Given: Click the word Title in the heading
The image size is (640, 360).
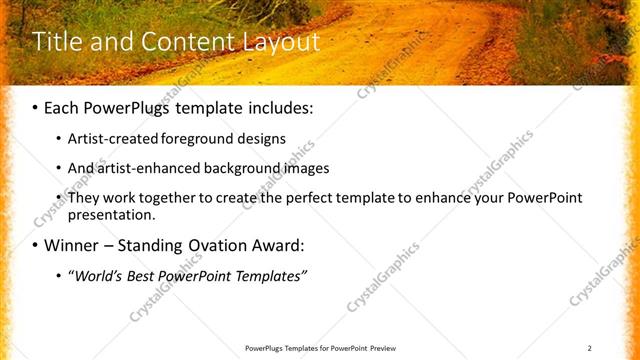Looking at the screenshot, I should (x=56, y=42).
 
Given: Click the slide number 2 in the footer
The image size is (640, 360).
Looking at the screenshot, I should (x=590, y=348).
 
